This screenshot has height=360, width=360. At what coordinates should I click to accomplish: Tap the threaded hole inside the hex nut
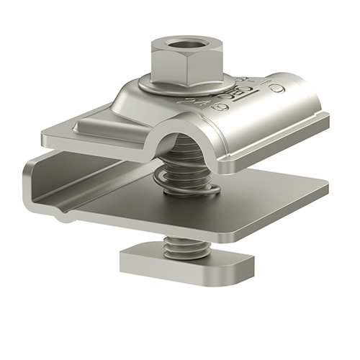click(x=178, y=47)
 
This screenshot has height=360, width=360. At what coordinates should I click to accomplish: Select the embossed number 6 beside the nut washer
click(x=223, y=107)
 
